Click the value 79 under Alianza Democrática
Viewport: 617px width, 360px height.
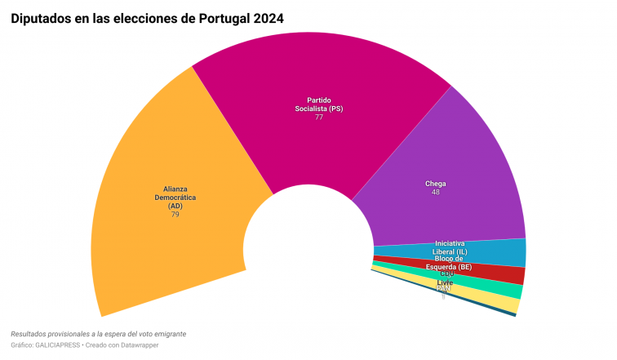click(x=175, y=214)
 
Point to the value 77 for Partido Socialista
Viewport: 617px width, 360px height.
click(x=319, y=118)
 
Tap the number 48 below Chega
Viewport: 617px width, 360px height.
click(x=436, y=193)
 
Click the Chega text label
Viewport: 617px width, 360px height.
click(x=436, y=184)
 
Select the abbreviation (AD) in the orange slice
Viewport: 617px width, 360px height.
click(x=175, y=206)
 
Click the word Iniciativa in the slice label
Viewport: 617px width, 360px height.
click(x=451, y=243)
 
